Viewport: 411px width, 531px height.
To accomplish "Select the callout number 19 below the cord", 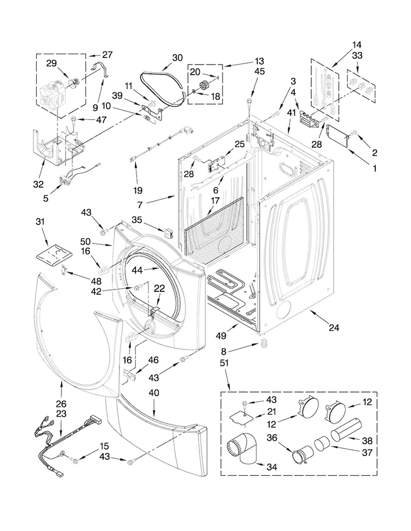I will (137, 191).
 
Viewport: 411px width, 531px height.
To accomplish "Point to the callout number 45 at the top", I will (259, 71).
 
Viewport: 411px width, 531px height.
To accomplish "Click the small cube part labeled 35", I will (172, 232).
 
